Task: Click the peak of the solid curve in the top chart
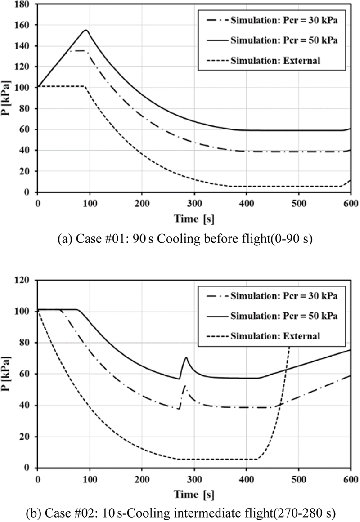85,30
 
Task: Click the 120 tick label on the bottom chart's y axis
25,280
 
